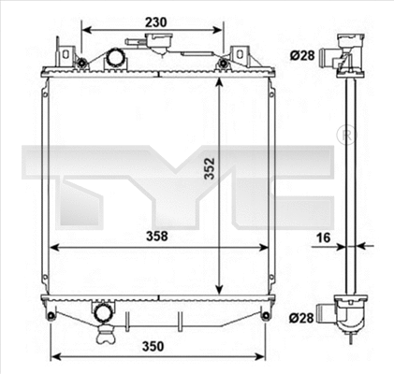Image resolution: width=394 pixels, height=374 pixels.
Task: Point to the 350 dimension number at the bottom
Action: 155,345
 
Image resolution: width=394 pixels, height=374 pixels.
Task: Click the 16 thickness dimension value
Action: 323,237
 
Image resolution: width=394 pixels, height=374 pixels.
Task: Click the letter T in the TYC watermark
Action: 70,173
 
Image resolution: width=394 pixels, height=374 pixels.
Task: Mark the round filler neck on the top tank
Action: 116,59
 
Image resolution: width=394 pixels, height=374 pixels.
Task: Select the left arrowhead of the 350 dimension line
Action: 53,356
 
